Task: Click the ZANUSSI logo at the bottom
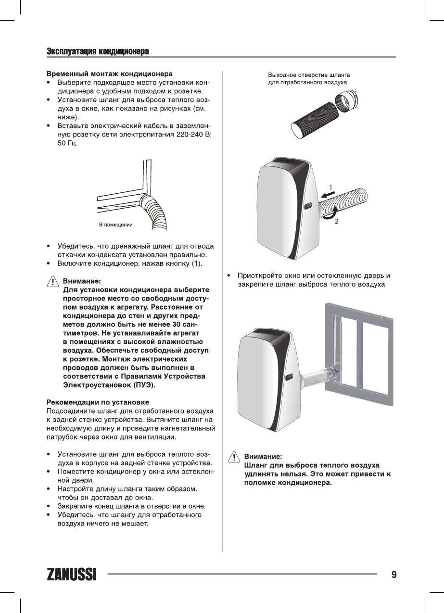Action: click(71, 575)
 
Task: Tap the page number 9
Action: click(394, 575)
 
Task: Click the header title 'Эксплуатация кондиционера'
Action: click(97, 51)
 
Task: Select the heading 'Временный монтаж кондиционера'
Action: click(109, 75)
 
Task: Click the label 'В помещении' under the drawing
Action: click(115, 225)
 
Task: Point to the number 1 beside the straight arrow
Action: click(331, 187)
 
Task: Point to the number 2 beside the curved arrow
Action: click(337, 222)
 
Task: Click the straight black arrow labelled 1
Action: click(328, 194)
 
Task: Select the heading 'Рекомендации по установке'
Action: click(97, 401)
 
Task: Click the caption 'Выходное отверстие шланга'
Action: click(308, 75)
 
